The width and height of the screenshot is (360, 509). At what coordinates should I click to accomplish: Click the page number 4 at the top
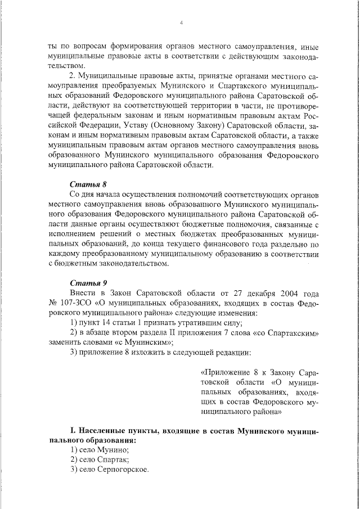(181, 22)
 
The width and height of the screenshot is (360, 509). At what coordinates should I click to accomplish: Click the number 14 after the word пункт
(114, 323)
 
